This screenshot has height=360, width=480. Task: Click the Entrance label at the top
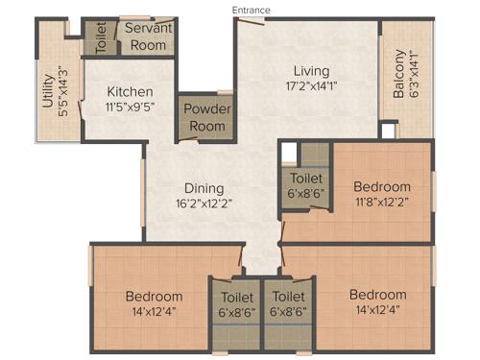(x=252, y=10)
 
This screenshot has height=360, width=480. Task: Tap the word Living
(x=311, y=71)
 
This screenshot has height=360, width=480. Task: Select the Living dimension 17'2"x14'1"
(x=311, y=85)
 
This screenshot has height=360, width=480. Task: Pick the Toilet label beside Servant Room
(x=101, y=36)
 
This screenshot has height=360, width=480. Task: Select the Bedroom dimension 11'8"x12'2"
(x=381, y=202)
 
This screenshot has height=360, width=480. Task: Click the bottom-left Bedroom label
(x=154, y=296)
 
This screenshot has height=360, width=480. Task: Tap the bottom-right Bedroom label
(x=377, y=294)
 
